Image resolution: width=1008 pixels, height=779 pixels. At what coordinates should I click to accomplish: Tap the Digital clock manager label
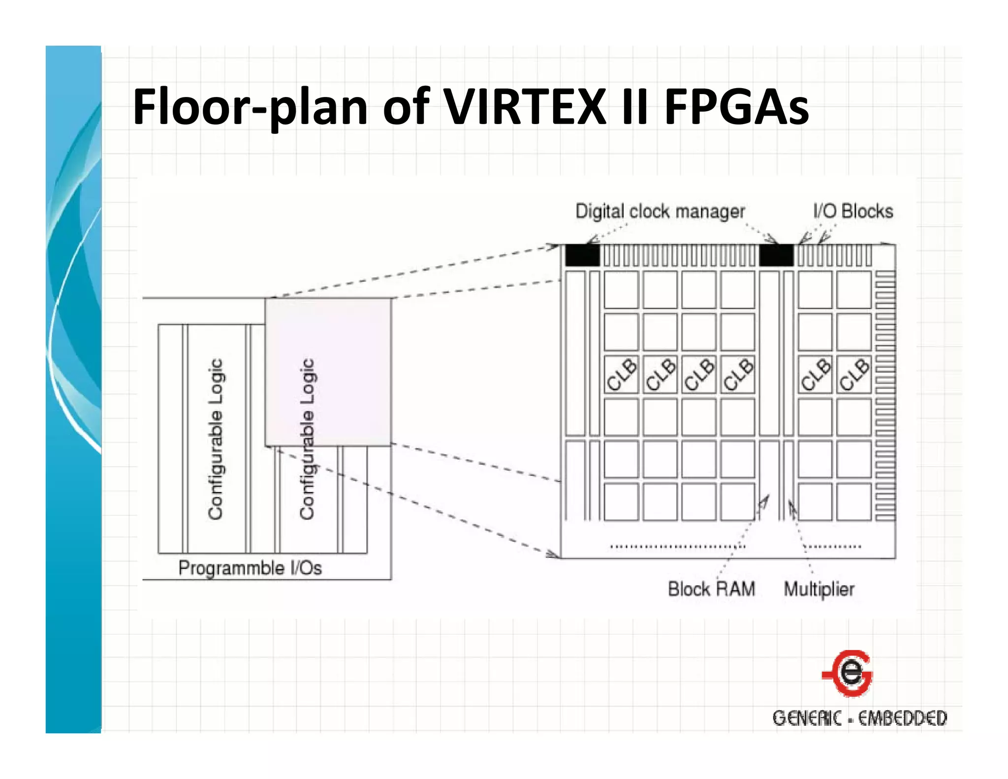tap(660, 211)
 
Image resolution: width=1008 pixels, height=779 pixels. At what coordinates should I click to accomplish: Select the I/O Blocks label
tap(853, 211)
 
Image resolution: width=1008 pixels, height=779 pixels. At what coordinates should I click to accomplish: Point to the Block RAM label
tap(711, 589)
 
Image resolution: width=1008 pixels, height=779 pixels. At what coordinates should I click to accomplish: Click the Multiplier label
tap(819, 589)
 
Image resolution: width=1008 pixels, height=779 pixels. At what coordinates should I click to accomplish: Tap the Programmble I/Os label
tap(250, 568)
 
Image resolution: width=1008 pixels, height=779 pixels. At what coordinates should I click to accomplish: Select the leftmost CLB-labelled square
tap(621, 374)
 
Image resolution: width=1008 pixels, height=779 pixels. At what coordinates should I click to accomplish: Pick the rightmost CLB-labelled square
tap(854, 374)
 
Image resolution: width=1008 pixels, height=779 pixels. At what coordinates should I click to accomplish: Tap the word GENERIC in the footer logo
tap(807, 718)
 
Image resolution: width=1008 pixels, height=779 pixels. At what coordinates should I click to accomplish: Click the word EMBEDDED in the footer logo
tap(902, 718)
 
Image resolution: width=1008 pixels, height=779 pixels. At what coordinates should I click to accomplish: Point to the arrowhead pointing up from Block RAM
tap(765, 500)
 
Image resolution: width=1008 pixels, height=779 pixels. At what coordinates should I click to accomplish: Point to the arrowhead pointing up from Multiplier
tap(791, 506)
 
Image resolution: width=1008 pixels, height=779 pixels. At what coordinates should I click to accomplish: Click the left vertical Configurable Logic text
tap(216, 438)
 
